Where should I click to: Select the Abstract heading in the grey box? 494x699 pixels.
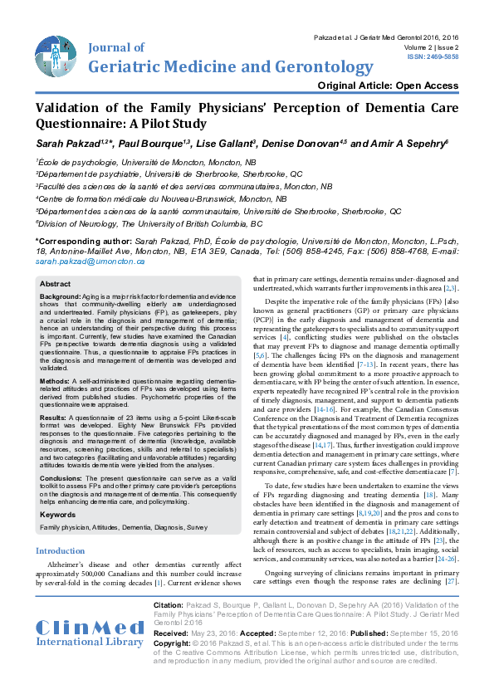click(56, 284)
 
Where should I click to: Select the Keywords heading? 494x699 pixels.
click(59, 515)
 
